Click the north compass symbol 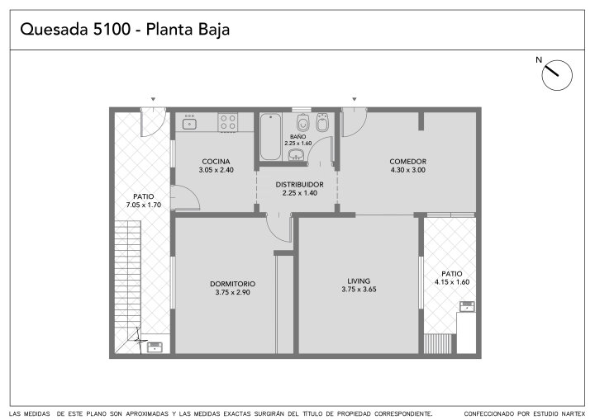(557, 75)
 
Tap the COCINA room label (216, 162)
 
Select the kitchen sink (189, 124)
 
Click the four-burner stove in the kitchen (228, 122)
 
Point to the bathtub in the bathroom (270, 136)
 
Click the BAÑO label (297, 136)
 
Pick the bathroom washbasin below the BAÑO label (296, 154)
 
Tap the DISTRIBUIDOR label (299, 185)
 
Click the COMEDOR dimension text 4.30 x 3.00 (408, 170)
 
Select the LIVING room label (359, 281)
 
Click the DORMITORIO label (232, 284)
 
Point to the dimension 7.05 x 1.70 (144, 205)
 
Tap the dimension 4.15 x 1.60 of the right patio (452, 282)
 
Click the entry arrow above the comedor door (354, 99)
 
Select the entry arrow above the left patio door (153, 99)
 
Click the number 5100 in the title (112, 29)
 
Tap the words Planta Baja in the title (188, 30)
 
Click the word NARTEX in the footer (573, 413)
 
